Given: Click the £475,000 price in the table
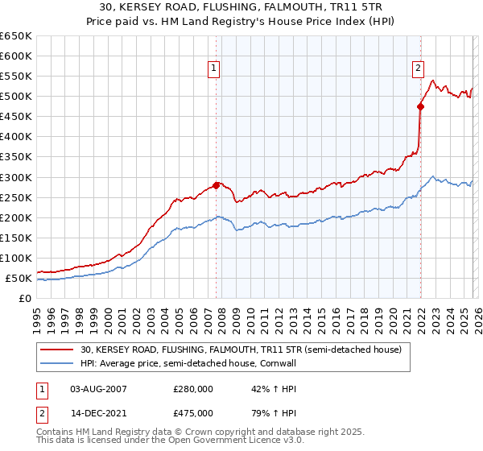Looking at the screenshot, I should (193, 412).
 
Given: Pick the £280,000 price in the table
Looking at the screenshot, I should (193, 389).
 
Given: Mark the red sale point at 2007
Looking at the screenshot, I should (216, 185).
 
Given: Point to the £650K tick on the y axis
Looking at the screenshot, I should (16, 36).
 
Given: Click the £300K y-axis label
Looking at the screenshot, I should (16, 177).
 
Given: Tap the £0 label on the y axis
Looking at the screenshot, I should (25, 298).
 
